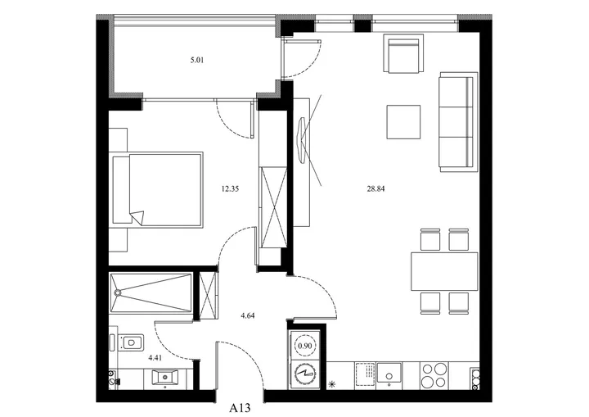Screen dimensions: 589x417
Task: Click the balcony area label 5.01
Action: [x=197, y=60]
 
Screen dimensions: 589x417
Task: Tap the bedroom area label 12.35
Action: [x=230, y=189]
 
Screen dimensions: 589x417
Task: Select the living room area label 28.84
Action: [x=375, y=189]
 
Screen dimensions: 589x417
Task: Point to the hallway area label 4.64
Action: [x=248, y=315]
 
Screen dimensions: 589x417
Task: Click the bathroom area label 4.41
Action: [x=155, y=358]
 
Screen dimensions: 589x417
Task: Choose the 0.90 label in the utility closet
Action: [x=304, y=346]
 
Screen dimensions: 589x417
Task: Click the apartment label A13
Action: [x=240, y=408]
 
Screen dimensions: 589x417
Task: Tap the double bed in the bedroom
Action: [x=158, y=190]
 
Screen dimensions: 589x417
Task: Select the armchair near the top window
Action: [x=403, y=53]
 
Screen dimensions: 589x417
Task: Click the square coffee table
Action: [x=403, y=122]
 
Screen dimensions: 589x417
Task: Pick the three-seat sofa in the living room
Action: [x=459, y=122]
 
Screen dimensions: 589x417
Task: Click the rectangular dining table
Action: [x=444, y=271]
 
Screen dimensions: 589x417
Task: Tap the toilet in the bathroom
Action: [x=128, y=342]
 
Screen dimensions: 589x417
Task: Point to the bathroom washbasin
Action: [x=165, y=378]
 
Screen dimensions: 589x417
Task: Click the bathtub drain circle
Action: [x=118, y=292]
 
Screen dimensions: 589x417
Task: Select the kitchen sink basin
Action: [x=389, y=373]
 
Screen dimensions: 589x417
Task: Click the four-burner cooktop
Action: [x=434, y=375]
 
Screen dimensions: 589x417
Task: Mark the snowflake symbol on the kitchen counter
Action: [x=331, y=384]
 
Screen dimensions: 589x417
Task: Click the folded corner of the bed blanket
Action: [x=137, y=218]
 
